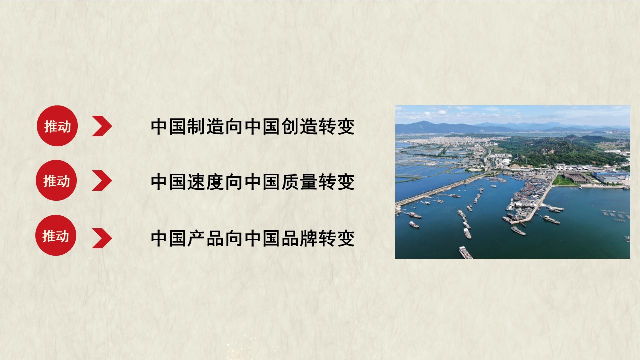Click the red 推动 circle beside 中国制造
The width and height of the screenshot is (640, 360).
click(x=57, y=126)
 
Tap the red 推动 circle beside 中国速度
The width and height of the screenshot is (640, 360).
click(x=56, y=180)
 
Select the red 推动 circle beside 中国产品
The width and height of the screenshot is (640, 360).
click(x=56, y=235)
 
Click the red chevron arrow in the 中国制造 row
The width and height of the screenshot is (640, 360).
click(x=102, y=126)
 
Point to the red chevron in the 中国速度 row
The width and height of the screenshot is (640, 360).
click(x=102, y=180)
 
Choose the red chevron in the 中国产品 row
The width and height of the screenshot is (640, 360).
click(x=102, y=238)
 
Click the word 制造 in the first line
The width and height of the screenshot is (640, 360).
click(x=205, y=126)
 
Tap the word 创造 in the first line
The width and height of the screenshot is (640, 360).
click(x=299, y=126)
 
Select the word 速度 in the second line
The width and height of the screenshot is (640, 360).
click(x=205, y=182)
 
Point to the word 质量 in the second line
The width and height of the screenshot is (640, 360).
click(x=299, y=182)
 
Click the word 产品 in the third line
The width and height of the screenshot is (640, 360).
click(x=205, y=238)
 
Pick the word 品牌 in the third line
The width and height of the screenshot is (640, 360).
click(x=299, y=238)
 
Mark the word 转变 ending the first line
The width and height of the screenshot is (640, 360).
click(x=337, y=126)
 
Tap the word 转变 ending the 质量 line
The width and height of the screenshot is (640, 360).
click(x=337, y=182)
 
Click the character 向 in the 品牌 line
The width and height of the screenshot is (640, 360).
click(x=234, y=238)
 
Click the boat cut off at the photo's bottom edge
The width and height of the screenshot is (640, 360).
click(x=465, y=253)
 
